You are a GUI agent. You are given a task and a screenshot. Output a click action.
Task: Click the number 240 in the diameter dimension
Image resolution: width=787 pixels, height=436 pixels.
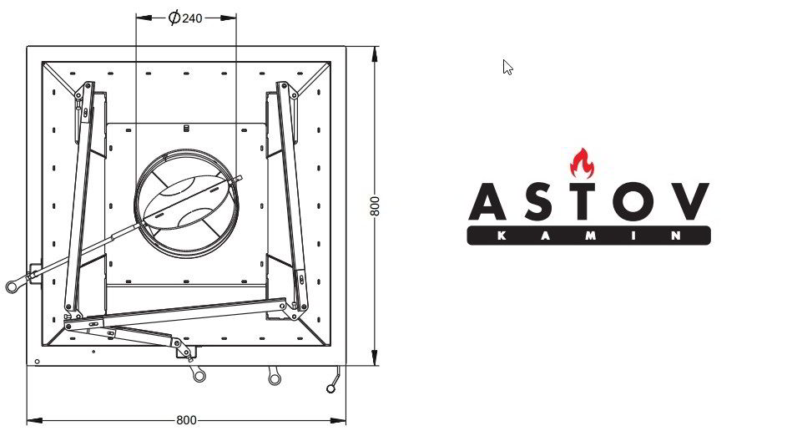(192, 18)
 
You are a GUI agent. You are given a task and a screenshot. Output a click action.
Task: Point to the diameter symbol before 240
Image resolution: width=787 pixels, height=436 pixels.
(174, 18)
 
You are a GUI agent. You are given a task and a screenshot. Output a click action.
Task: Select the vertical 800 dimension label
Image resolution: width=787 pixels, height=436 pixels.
(375, 206)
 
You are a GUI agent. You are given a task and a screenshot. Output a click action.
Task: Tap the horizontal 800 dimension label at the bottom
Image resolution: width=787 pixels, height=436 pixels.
(186, 420)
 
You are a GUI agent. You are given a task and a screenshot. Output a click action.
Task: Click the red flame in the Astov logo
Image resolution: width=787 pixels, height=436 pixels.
(583, 163)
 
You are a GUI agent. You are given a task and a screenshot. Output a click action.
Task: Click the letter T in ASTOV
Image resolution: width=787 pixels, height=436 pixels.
(583, 202)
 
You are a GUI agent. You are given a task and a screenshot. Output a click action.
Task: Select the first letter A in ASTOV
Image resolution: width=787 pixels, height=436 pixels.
(487, 202)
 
